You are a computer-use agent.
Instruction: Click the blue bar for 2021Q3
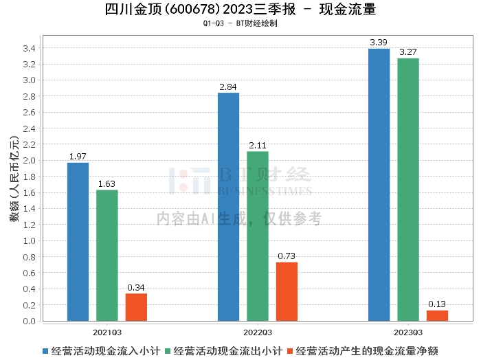pyautogui.click(x=78, y=242)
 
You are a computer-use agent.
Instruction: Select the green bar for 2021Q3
pyautogui.click(x=107, y=256)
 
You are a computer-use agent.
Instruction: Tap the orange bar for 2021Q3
pyautogui.click(x=136, y=307)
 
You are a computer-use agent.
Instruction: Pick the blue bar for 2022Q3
pyautogui.click(x=229, y=207)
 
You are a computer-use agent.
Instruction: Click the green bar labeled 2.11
pyautogui.click(x=258, y=236)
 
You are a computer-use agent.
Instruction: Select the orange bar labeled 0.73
pyautogui.click(x=287, y=291)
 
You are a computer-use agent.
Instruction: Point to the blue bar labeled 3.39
pyautogui.click(x=379, y=185)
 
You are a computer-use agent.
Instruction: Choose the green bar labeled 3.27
pyautogui.click(x=408, y=190)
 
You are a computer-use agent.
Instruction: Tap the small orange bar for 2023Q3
pyautogui.click(x=438, y=316)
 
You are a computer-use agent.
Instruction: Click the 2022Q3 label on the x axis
pyautogui.click(x=258, y=333)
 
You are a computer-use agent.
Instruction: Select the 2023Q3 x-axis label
pyautogui.click(x=408, y=333)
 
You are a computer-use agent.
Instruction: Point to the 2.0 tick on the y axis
pyautogui.click(x=29, y=160)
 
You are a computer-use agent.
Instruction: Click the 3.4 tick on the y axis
pyautogui.click(x=29, y=48)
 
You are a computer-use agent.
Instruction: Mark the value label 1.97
pyautogui.click(x=78, y=157)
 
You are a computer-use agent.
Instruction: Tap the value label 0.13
pyautogui.click(x=437, y=304)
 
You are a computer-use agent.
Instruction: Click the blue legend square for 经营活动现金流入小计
pyautogui.click(x=45, y=351)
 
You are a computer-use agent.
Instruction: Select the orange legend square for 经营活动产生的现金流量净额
pyautogui.click(x=290, y=351)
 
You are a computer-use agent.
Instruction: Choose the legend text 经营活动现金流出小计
pyautogui.click(x=227, y=351)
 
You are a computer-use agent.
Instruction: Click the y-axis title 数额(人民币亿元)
pyautogui.click(x=14, y=179)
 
